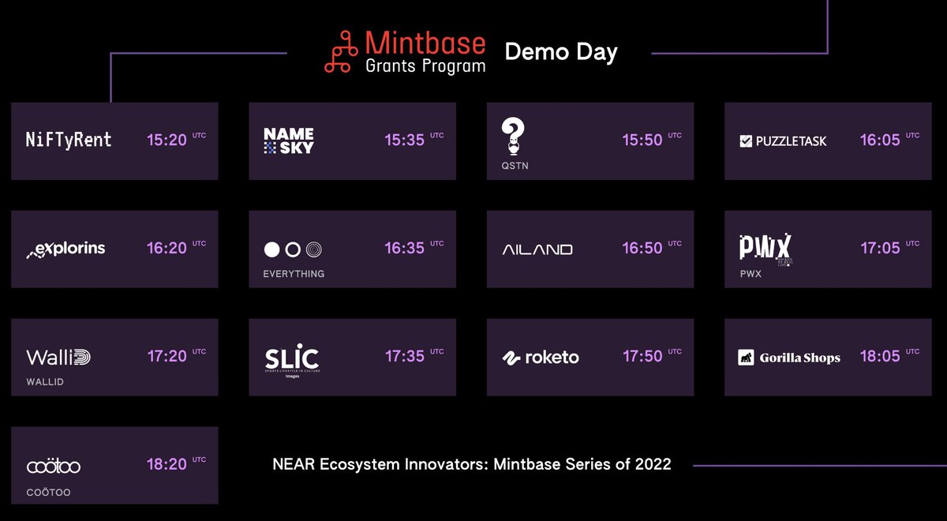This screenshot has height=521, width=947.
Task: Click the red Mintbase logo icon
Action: tap(341, 52)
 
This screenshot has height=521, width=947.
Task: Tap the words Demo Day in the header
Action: tap(561, 52)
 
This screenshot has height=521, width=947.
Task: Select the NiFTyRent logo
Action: tap(69, 141)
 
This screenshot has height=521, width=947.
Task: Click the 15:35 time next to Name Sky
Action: tap(405, 140)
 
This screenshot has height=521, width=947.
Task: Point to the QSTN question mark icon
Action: tap(513, 136)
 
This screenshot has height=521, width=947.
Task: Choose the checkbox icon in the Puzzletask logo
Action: tap(746, 141)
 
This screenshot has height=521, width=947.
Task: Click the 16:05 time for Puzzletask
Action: tap(880, 140)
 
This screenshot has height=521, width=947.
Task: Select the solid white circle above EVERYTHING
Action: tap(271, 249)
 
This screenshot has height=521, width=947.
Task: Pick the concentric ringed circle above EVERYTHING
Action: tap(314, 249)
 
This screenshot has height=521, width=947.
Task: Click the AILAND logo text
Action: tap(537, 249)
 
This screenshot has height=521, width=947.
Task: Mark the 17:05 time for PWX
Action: tap(880, 248)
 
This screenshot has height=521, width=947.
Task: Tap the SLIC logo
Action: tap(292, 359)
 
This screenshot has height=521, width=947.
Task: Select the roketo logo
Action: tap(541, 358)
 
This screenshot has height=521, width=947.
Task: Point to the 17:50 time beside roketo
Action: tap(642, 356)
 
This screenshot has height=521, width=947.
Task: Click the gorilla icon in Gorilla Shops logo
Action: tap(746, 358)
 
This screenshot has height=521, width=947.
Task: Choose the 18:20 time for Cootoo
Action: tap(167, 464)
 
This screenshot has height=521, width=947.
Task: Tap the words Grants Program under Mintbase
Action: tap(425, 66)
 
